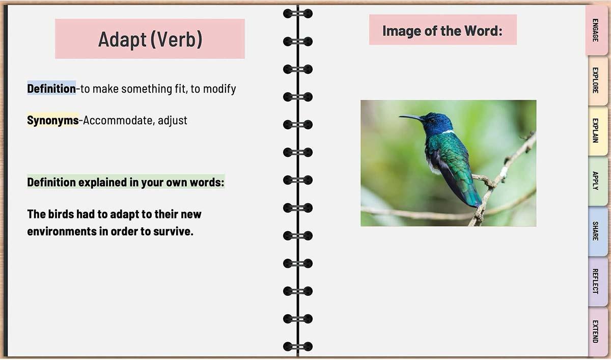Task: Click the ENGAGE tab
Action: pos(597,30)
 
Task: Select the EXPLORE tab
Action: pos(597,80)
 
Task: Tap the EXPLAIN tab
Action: pos(597,130)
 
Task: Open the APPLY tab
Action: pos(597,181)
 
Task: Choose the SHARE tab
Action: pos(597,231)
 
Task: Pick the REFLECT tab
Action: pos(597,281)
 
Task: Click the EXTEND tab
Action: pos(597,331)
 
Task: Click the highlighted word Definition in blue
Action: pos(51,89)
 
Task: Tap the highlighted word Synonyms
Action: pos(52,120)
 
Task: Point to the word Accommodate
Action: pos(118,120)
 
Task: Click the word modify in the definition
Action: pos(219,89)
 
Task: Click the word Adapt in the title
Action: pos(122,40)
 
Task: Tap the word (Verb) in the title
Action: pos(177,40)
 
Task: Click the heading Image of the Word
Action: pos(442,31)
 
